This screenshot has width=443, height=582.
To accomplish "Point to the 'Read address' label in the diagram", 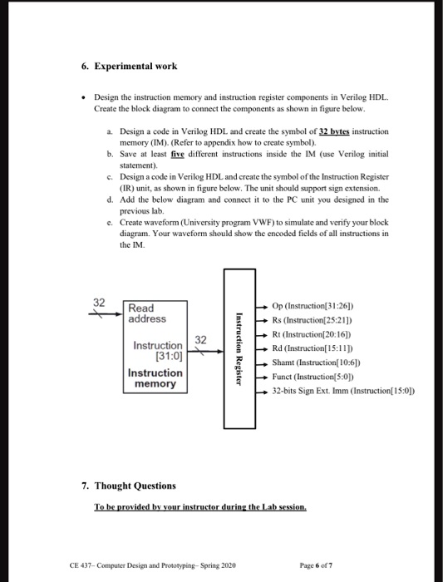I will click(x=147, y=313).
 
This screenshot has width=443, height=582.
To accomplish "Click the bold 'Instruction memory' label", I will click(x=155, y=378).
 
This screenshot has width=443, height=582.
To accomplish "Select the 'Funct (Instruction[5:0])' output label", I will click(x=319, y=376).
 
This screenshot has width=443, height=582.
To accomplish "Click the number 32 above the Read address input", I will click(x=99, y=302).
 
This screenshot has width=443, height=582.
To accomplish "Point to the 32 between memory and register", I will click(x=199, y=339).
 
